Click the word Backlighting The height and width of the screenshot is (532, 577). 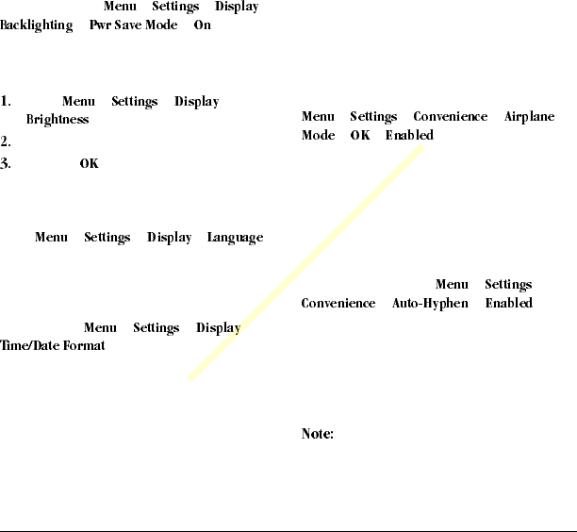[37, 25]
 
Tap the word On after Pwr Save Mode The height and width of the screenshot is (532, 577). [203, 25]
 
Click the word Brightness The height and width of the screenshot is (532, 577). [58, 120]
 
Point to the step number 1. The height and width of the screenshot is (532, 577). [6, 102]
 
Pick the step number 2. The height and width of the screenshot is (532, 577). [6, 142]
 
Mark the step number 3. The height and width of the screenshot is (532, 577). [6, 164]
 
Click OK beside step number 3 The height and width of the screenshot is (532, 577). [89, 164]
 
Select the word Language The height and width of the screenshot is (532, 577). [235, 238]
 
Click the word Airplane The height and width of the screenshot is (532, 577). [530, 117]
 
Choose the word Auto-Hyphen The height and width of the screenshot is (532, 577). [430, 304]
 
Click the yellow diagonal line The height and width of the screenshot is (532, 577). [305, 263]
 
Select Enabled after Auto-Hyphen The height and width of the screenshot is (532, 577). [509, 304]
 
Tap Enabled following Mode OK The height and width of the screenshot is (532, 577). [409, 136]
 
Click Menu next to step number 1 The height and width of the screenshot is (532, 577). [78, 102]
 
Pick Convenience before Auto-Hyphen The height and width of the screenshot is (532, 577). [338, 304]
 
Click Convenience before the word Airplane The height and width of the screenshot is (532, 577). [451, 117]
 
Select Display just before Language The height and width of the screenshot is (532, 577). [170, 238]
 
